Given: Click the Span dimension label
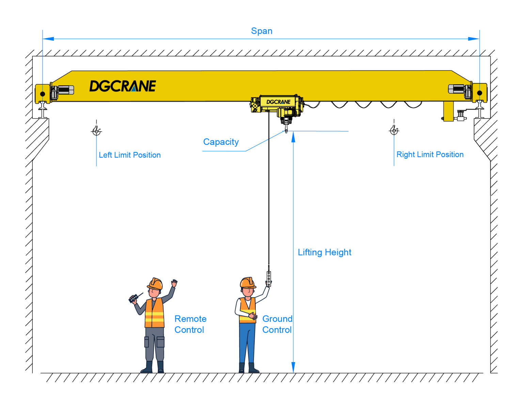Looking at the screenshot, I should click(261, 31).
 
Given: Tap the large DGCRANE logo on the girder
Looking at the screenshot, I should click(123, 86).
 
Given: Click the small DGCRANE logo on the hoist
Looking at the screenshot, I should click(278, 102).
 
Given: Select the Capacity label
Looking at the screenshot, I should click(221, 142).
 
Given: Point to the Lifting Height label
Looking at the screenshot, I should click(324, 252).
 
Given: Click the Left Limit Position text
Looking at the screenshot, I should click(129, 155).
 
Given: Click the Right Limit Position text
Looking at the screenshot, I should click(430, 155).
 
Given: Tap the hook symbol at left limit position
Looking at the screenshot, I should click(97, 131).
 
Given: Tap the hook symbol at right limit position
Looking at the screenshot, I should click(394, 130).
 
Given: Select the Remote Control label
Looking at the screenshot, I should click(190, 324).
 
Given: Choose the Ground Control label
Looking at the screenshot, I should click(277, 324).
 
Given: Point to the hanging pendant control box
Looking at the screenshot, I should click(269, 279).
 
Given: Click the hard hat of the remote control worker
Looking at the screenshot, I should click(155, 284).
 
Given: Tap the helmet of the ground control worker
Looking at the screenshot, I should click(248, 283).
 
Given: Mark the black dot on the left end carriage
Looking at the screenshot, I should click(43, 94).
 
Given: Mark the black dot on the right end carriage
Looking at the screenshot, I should click(479, 93).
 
